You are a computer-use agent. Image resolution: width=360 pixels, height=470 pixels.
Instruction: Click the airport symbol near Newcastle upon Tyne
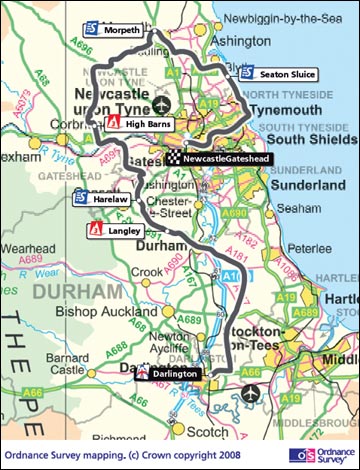click(x=164, y=102)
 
